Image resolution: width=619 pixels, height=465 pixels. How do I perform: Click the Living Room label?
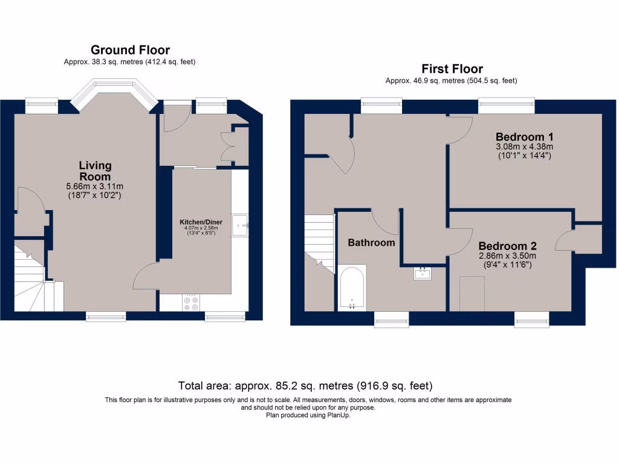(x=95, y=171)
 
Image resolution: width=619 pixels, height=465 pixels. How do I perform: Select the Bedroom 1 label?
(x=525, y=136)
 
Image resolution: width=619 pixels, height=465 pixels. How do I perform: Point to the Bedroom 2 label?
(x=507, y=246)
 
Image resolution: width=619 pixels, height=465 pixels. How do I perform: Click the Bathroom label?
(x=371, y=243)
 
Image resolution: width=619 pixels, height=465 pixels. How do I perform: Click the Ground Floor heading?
(x=130, y=50)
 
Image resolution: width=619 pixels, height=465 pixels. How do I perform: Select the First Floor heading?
(x=452, y=69)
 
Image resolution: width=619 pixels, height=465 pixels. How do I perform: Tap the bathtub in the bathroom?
(x=351, y=288)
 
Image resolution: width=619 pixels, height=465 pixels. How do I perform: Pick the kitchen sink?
(x=241, y=225)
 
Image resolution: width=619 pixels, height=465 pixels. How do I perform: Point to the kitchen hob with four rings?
(x=192, y=303)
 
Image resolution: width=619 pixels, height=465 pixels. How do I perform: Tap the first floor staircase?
(x=319, y=242)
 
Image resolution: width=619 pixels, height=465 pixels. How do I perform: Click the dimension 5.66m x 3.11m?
(x=95, y=186)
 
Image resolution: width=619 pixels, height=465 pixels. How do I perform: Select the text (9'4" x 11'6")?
(x=507, y=265)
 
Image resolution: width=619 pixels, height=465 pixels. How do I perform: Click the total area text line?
(x=305, y=386)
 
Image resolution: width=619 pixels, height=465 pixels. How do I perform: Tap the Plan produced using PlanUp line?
(x=308, y=415)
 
